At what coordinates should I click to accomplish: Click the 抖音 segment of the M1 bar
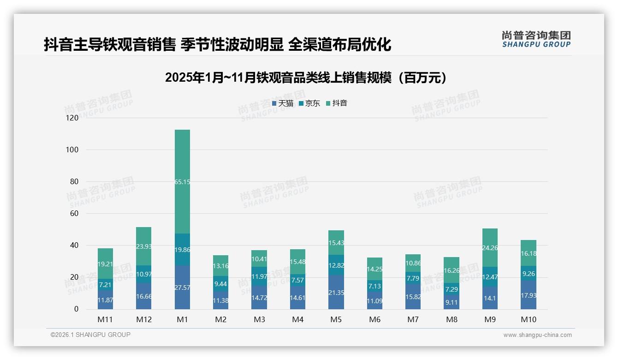[x=182, y=181]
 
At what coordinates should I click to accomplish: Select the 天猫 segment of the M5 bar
[x=336, y=292]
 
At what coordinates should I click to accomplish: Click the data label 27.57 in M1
[x=182, y=300]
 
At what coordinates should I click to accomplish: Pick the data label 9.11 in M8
[x=452, y=303]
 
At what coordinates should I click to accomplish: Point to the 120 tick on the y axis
[x=72, y=118]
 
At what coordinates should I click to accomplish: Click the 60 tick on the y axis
[x=74, y=214]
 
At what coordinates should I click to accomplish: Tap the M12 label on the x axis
[x=144, y=319]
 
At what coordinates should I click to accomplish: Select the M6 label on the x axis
[x=374, y=319]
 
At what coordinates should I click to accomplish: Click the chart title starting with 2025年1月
[x=306, y=78]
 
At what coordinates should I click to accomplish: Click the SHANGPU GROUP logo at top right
[x=536, y=39]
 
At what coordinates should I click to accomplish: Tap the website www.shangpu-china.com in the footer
[x=537, y=335]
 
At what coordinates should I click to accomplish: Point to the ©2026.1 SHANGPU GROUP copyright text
[x=90, y=335]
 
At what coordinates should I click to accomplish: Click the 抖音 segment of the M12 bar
[x=144, y=246]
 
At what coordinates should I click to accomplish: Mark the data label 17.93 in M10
[x=529, y=295]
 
